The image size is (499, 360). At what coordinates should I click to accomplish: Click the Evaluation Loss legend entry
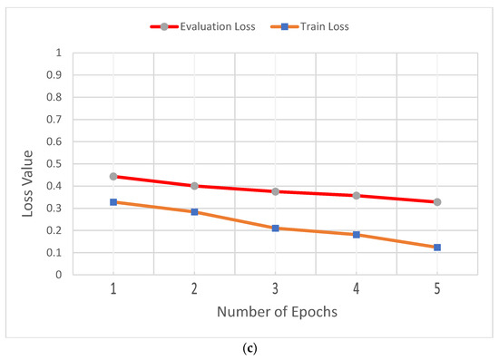click(x=210, y=27)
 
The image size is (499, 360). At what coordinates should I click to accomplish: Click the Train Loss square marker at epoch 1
click(x=113, y=202)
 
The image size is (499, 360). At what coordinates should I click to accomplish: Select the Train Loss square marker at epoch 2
click(x=194, y=212)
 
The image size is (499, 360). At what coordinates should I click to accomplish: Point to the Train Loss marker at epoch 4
click(x=357, y=235)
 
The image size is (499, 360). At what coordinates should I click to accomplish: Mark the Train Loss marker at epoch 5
click(x=437, y=248)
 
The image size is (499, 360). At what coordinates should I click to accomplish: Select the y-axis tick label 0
click(x=59, y=275)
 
